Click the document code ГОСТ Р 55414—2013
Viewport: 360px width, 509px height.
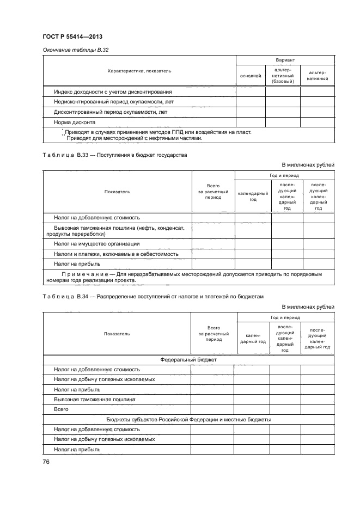coord(72,36)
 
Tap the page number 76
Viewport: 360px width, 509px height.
coord(46,462)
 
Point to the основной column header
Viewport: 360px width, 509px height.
coord(251,76)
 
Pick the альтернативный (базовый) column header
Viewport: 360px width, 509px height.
coord(282,76)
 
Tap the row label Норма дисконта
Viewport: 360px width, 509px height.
coord(75,122)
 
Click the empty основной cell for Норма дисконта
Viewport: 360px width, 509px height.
coord(251,122)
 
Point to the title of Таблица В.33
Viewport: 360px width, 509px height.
coord(114,155)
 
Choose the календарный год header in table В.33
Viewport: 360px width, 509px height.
coord(253,196)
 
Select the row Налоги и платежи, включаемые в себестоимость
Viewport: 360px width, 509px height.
coord(115,254)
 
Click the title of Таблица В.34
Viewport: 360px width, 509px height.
coord(152,297)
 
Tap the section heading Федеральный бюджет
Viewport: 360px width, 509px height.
coord(188,360)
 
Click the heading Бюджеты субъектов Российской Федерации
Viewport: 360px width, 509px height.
coord(188,419)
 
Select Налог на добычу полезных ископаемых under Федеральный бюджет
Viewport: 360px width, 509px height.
coord(104,379)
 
